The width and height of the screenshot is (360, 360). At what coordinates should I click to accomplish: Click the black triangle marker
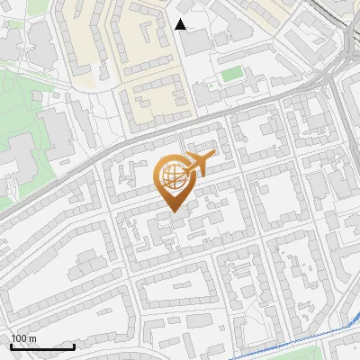(181, 24)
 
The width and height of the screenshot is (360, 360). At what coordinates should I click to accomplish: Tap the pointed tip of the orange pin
(172, 211)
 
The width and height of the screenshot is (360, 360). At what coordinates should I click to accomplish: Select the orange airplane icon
(198, 165)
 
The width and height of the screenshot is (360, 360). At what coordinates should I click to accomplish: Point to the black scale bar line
(42, 346)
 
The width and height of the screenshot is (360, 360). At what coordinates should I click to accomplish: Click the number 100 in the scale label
(19, 338)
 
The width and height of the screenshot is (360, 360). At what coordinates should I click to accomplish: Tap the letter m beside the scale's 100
(32, 338)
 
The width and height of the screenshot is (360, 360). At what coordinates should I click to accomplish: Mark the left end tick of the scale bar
(11, 346)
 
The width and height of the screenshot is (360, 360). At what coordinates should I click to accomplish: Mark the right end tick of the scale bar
(75, 346)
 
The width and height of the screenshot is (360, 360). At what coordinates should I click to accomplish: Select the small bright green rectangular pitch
(232, 73)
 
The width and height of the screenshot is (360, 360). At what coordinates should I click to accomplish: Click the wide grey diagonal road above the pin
(135, 144)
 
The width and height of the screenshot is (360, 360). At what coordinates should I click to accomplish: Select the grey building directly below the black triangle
(196, 41)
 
